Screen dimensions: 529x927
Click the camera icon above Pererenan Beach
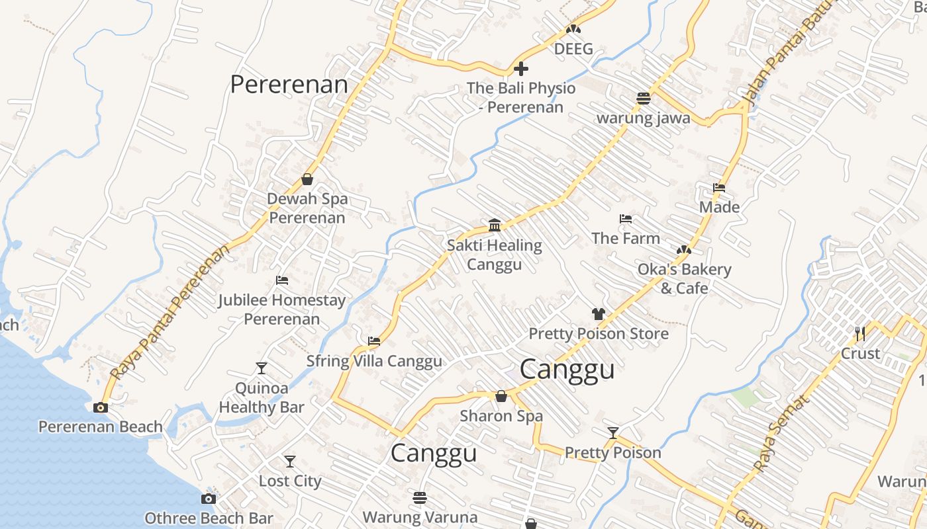(101, 407)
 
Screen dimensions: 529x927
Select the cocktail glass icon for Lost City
(290, 461)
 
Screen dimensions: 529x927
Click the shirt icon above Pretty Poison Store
(599, 314)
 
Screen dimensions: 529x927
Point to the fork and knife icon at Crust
(860, 334)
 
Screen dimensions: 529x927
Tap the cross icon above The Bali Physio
(521, 68)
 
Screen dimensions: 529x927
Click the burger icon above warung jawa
(643, 99)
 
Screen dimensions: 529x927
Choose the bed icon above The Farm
(626, 219)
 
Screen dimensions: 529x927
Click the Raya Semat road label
(782, 433)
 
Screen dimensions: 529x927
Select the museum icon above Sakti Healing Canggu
(495, 225)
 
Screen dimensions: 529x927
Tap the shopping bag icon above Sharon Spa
(501, 396)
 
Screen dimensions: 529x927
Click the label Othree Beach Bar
(209, 518)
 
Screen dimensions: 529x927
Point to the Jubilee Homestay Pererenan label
(282, 309)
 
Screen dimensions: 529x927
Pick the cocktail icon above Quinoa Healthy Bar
(262, 368)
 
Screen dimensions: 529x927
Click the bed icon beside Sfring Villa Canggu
(374, 342)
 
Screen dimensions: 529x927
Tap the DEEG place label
(573, 49)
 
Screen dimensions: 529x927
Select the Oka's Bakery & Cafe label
(684, 278)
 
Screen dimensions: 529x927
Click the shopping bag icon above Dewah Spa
(307, 179)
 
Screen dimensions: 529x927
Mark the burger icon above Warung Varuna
(420, 497)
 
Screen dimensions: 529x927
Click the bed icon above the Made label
(719, 188)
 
